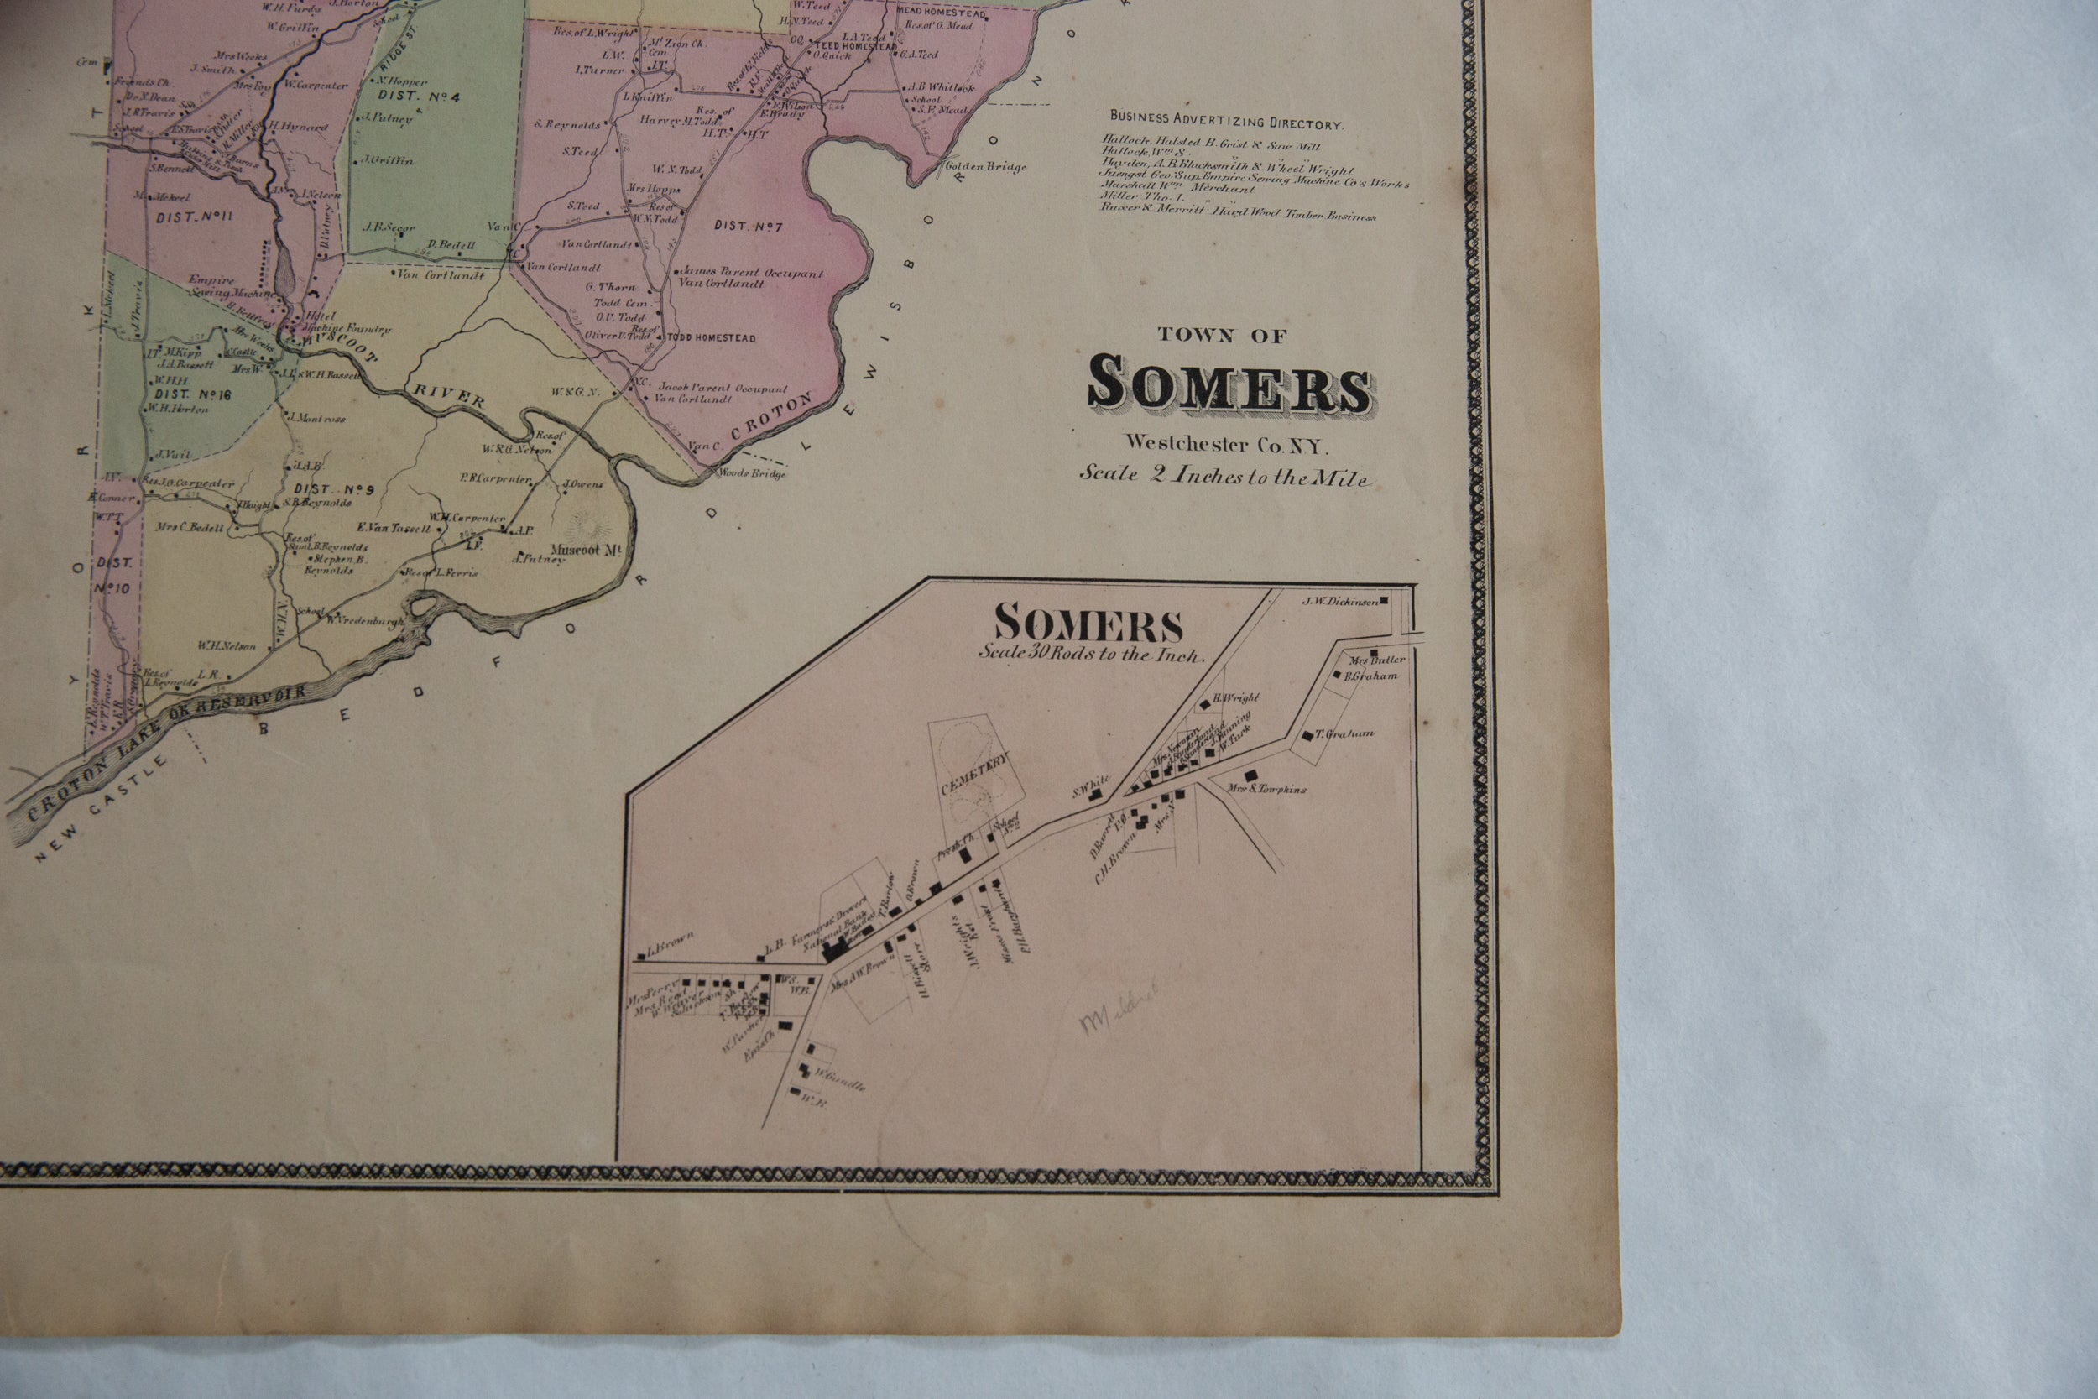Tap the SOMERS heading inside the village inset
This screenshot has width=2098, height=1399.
(1088, 625)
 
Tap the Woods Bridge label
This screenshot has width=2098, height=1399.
(753, 474)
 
